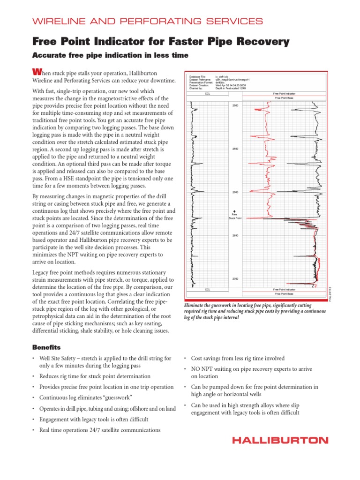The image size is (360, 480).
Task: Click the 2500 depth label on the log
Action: point(235,106)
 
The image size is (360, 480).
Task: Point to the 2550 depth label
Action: point(235,149)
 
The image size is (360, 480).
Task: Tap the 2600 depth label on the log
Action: point(235,192)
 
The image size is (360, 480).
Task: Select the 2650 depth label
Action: point(235,235)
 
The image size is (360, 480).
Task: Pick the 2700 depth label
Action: point(235,279)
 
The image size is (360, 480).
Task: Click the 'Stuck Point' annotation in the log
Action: point(235,218)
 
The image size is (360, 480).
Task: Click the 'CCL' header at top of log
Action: point(208,94)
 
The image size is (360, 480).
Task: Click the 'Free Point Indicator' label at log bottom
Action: point(284,290)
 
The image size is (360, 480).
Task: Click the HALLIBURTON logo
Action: point(280,440)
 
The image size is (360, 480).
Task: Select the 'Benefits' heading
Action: point(46,347)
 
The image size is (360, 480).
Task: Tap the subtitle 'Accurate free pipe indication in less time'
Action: point(110,55)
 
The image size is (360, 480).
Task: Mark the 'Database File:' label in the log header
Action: point(197,76)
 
